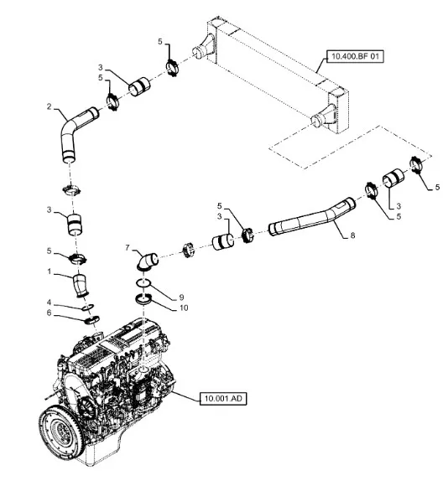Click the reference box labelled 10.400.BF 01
[355, 56]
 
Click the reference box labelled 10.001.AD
[223, 399]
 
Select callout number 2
[49, 106]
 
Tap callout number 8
[352, 235]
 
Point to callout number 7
[128, 247]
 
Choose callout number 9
[181, 297]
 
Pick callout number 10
[184, 308]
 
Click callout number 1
[49, 272]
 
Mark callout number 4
[49, 303]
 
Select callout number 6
[49, 313]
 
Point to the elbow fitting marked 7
[146, 262]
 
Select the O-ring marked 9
[143, 283]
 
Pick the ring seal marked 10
[143, 299]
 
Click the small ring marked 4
[88, 307]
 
